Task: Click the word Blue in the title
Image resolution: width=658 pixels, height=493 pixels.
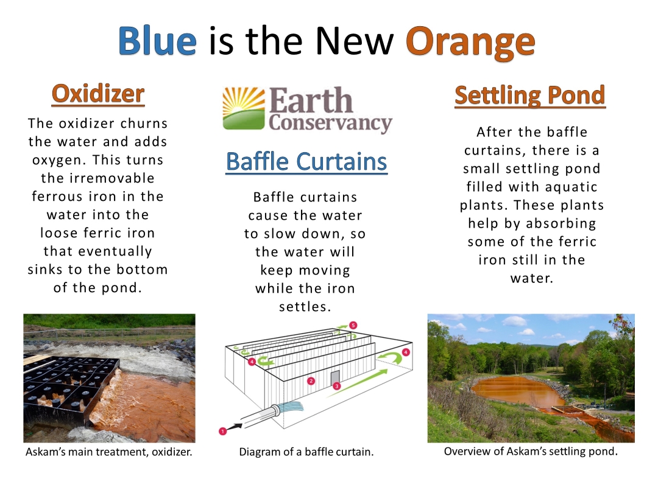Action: pyautogui.click(x=157, y=41)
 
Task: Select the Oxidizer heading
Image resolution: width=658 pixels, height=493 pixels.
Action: pyautogui.click(x=98, y=94)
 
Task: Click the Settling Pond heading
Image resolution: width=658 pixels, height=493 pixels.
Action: pyautogui.click(x=530, y=95)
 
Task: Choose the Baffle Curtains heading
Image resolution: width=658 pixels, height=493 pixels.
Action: pyautogui.click(x=306, y=161)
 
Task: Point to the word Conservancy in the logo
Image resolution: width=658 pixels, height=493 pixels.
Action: pyautogui.click(x=331, y=123)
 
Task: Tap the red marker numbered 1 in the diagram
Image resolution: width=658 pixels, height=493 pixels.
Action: pyautogui.click(x=223, y=431)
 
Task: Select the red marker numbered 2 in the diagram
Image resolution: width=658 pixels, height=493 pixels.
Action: pyautogui.click(x=311, y=381)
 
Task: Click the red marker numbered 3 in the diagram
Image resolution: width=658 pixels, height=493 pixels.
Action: pyautogui.click(x=336, y=386)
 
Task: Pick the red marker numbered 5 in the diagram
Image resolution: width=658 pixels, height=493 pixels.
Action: pyautogui.click(x=353, y=325)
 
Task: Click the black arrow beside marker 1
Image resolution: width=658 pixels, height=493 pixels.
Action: pyautogui.click(x=235, y=427)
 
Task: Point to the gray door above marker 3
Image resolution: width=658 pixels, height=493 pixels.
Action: pyautogui.click(x=335, y=377)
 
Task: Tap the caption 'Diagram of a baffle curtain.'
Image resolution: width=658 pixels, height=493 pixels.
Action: pyautogui.click(x=306, y=452)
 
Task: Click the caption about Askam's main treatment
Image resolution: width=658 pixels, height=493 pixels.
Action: pyautogui.click(x=108, y=452)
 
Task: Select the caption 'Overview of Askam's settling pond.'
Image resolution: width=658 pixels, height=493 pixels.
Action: pyautogui.click(x=531, y=451)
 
